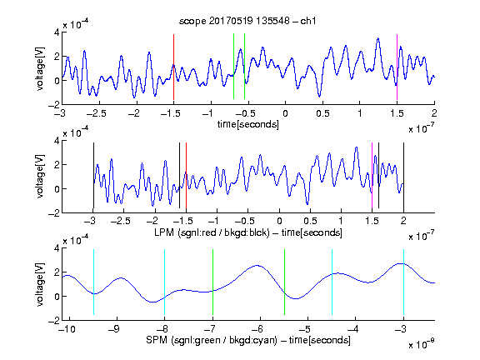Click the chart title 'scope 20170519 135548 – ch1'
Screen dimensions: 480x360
(247, 21)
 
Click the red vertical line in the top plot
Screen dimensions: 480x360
(173, 67)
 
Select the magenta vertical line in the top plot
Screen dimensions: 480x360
(397, 67)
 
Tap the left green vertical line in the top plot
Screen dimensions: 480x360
(233, 67)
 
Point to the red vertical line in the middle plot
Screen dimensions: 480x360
(186, 175)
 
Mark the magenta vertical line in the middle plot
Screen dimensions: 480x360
(372, 175)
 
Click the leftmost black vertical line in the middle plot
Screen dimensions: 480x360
(93, 175)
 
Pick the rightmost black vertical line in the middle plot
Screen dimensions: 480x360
(403, 175)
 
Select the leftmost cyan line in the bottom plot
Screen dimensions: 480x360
(93, 282)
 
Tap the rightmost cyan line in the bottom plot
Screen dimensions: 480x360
(403, 282)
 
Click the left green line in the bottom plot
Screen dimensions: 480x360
(212, 282)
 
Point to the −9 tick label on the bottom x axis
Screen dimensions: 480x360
(114, 329)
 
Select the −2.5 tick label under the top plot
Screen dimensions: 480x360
(96, 113)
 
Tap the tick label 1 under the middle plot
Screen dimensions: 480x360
(341, 221)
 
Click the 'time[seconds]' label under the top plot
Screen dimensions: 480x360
(248, 124)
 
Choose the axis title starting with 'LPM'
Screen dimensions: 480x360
(248, 232)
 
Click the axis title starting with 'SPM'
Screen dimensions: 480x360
(248, 340)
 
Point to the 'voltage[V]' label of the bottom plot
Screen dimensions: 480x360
(40, 284)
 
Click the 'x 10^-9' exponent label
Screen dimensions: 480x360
(421, 344)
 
